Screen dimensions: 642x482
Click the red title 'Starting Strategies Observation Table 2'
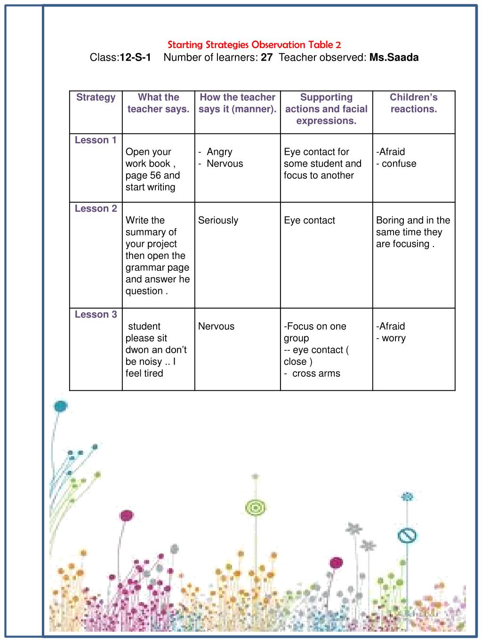click(254, 45)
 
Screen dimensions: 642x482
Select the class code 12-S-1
click(136, 58)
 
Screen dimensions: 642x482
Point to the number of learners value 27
click(266, 58)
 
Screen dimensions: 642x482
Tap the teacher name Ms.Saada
click(394, 58)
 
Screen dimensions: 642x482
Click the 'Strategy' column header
click(96, 97)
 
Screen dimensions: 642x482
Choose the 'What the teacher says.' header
click(158, 103)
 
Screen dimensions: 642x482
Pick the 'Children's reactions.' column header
click(413, 103)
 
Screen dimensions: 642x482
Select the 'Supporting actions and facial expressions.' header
click(326, 109)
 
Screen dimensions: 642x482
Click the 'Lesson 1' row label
click(96, 140)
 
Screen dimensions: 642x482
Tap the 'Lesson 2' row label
click(96, 209)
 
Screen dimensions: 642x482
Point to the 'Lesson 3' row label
click(96, 315)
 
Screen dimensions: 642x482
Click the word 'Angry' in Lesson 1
click(219, 152)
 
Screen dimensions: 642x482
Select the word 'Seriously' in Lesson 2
click(218, 221)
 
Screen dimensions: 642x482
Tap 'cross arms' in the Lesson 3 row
click(316, 373)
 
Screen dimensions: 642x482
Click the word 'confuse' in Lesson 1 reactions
click(399, 164)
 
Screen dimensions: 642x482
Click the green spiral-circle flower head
click(256, 507)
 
